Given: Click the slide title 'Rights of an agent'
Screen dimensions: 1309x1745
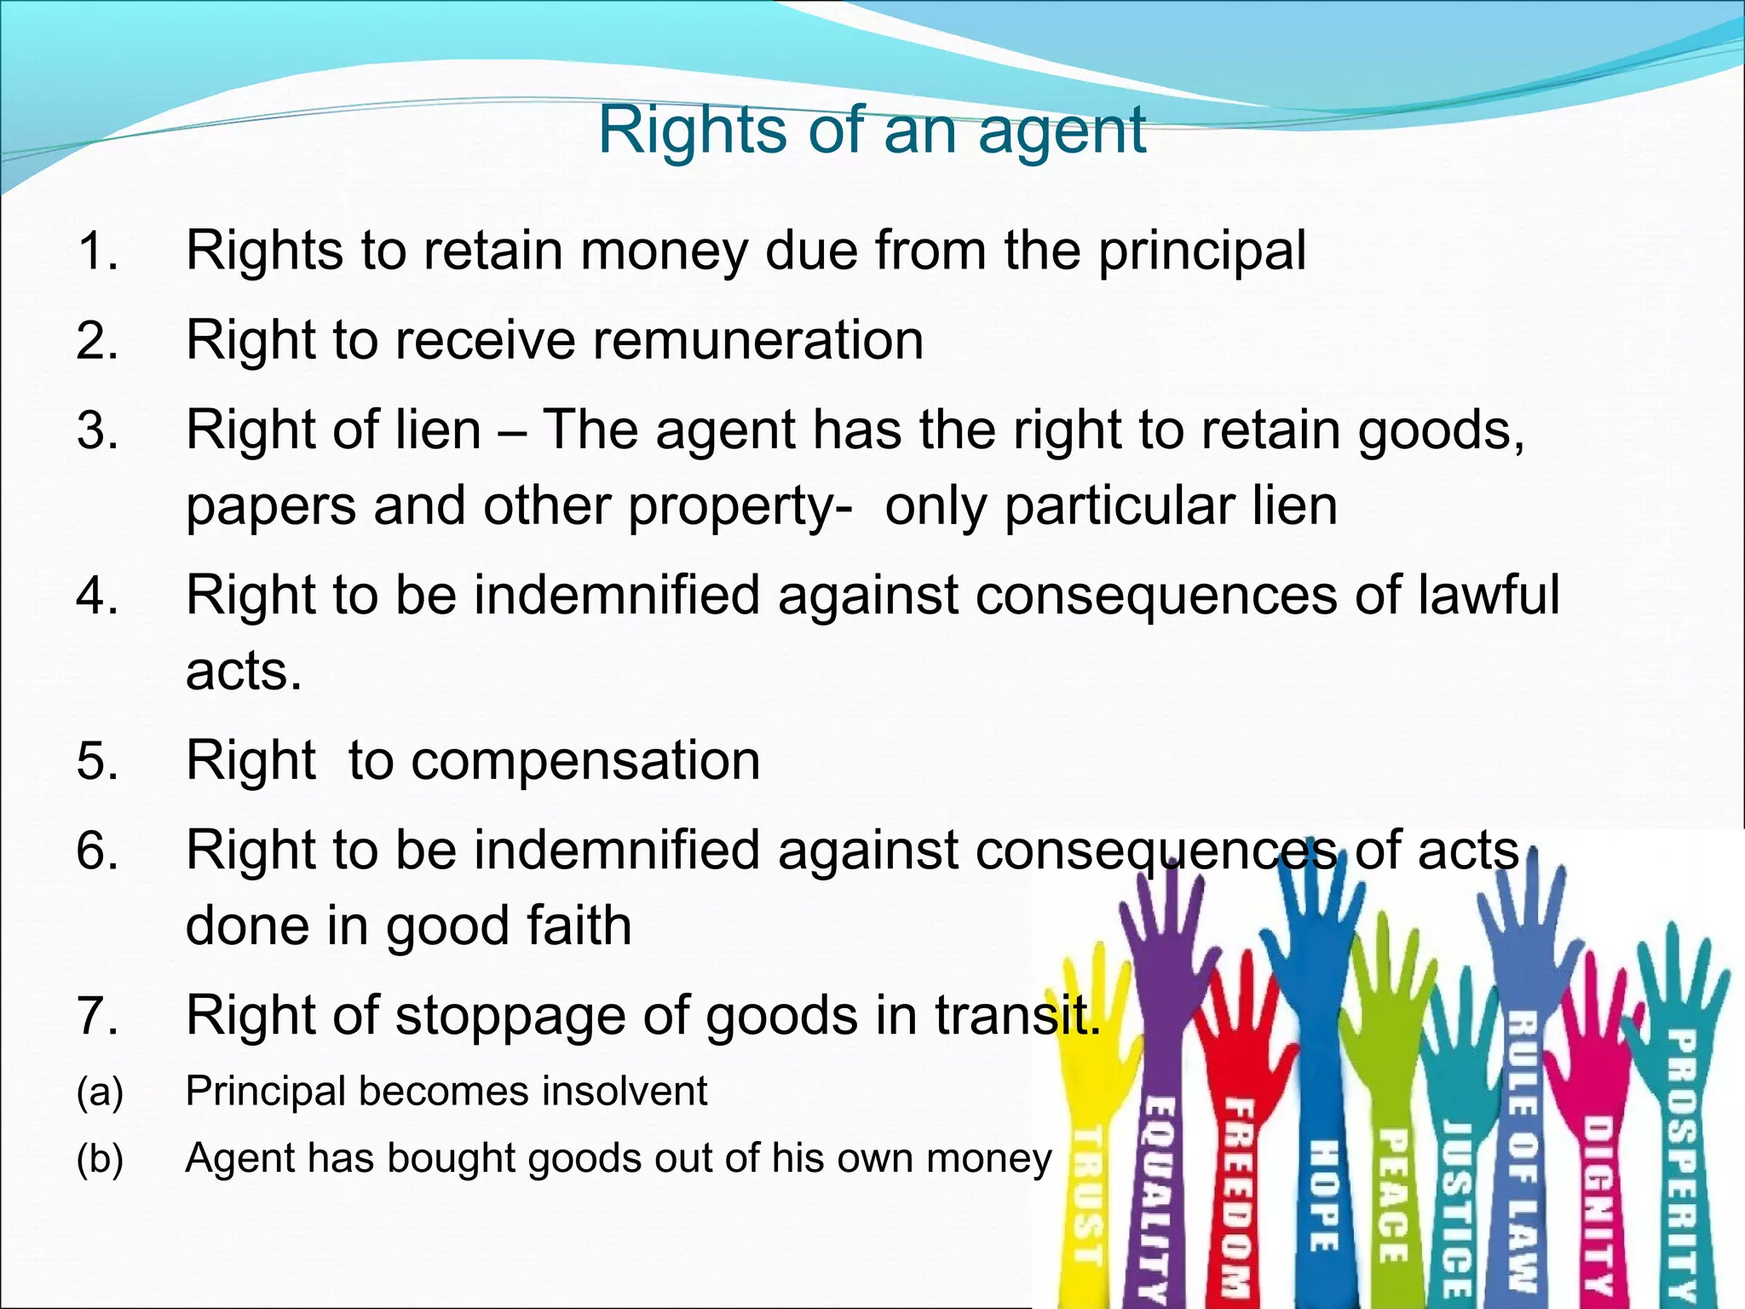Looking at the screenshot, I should point(872,131).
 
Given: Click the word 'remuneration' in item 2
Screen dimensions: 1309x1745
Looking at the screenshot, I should point(757,340).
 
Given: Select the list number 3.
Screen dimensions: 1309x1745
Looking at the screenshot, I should point(96,430).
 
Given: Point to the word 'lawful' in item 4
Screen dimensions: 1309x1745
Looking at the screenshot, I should point(1489,594).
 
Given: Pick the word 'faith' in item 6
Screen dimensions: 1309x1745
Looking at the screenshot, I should point(579,926).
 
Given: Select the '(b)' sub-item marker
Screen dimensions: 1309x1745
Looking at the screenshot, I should point(100,1159).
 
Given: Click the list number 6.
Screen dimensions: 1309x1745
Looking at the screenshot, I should point(96,851).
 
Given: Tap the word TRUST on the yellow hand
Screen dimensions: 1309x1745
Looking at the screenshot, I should point(1086,1193).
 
